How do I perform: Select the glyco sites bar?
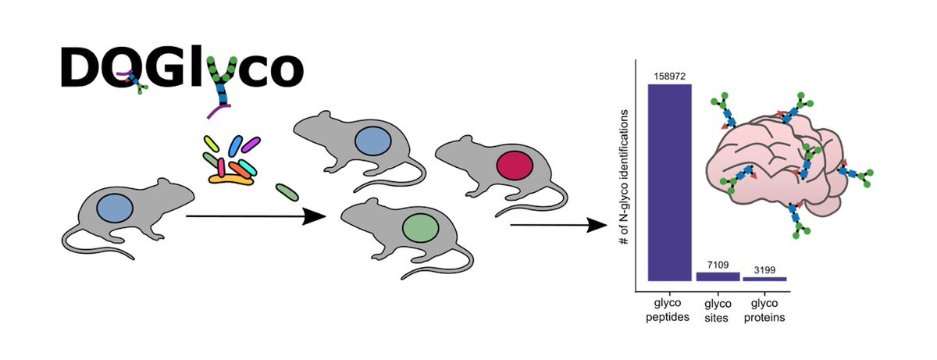click(x=718, y=276)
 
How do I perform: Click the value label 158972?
click(x=670, y=74)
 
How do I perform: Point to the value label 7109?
click(x=718, y=265)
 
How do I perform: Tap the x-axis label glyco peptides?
click(x=670, y=309)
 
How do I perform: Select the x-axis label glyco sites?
click(x=718, y=309)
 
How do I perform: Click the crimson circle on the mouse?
click(x=514, y=167)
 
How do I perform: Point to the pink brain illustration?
click(x=773, y=164)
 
